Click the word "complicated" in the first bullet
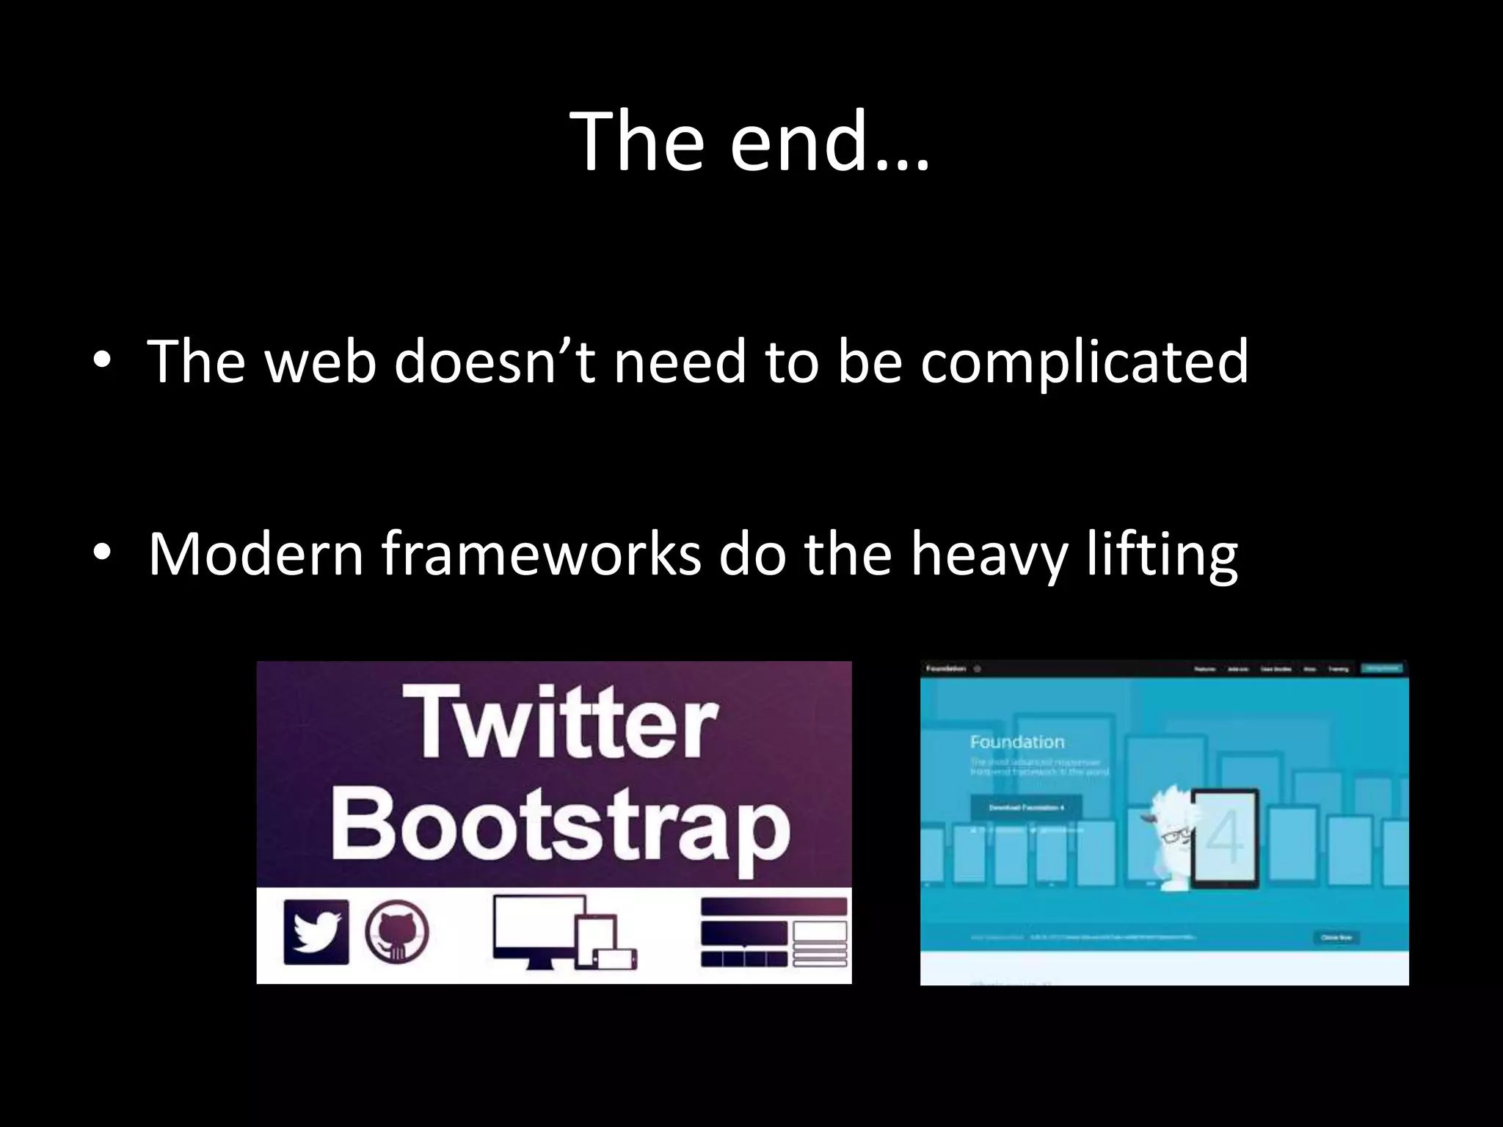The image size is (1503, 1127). pos(1084,361)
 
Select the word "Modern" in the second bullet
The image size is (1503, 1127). pos(255,553)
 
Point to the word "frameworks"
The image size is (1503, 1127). pos(541,553)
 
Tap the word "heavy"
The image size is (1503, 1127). pos(989,555)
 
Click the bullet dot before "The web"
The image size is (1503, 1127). pos(102,360)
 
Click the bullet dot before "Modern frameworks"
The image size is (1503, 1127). pos(102,552)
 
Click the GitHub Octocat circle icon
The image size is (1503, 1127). pos(397,932)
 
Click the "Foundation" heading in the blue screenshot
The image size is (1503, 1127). pos(1016,742)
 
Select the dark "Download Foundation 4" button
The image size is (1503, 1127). pos(1025,807)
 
